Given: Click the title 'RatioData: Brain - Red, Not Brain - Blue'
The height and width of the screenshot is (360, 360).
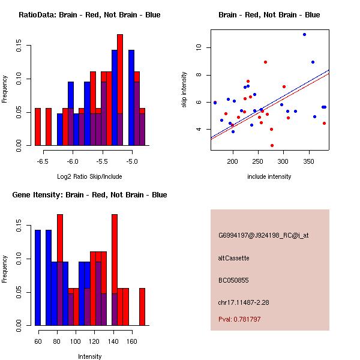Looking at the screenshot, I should (89, 15).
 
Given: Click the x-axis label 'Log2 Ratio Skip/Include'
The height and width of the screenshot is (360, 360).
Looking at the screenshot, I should (89, 176).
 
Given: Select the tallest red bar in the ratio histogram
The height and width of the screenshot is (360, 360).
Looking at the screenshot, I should (120, 90).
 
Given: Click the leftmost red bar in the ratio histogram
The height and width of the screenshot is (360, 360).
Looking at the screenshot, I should (38, 127).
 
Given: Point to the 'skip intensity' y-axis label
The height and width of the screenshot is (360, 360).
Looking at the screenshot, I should (184, 90).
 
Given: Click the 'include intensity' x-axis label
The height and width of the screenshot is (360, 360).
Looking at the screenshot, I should (269, 176).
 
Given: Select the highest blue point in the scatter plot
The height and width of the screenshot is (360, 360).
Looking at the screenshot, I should (304, 35).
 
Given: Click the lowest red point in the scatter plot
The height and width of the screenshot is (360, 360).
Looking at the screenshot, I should (272, 145).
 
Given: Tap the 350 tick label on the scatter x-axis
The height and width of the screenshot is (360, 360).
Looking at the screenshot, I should (310, 161).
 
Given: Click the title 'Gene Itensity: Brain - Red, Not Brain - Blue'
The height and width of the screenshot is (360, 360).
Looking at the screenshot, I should (89, 195).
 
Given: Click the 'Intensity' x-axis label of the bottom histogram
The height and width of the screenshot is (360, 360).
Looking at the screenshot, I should (89, 356).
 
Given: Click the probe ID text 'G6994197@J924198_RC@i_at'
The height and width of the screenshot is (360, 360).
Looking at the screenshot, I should (263, 235).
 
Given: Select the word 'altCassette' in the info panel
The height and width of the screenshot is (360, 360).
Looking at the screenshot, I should (234, 258).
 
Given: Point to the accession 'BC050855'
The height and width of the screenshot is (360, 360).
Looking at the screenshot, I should (233, 280).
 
